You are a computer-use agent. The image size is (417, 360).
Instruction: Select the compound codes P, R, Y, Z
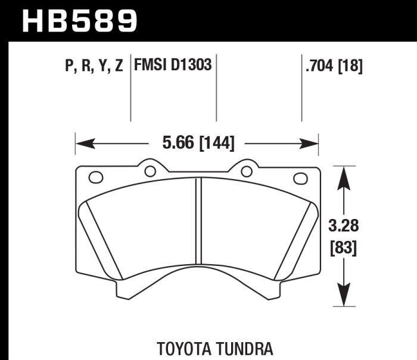94,66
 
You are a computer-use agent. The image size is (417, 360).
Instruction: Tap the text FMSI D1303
173,65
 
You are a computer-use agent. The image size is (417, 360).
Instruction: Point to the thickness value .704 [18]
333,66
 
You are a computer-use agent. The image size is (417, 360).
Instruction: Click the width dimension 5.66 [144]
198,143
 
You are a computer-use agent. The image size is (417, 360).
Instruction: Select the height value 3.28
343,227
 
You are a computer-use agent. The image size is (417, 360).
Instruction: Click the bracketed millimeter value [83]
343,248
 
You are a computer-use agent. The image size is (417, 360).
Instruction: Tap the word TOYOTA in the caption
183,348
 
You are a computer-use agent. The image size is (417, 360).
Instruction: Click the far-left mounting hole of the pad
95,177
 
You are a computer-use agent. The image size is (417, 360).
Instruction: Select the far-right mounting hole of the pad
301,177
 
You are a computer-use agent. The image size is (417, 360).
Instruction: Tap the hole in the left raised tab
150,171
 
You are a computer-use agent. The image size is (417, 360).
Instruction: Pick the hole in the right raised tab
246,171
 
